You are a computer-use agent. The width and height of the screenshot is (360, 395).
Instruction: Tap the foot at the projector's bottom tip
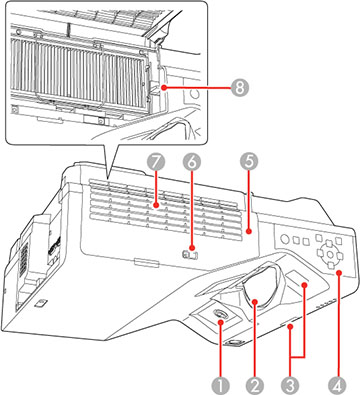[237, 345]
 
